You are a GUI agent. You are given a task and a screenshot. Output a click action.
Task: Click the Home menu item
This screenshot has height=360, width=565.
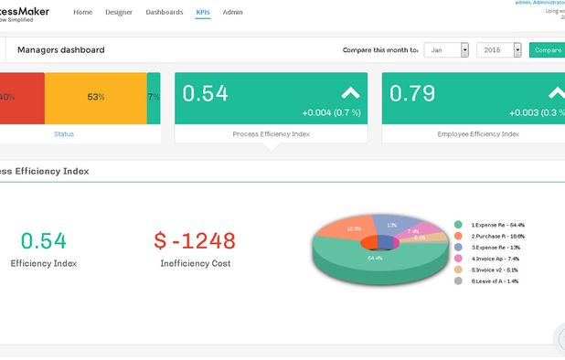[82, 13]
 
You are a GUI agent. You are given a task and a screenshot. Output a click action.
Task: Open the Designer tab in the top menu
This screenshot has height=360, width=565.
[119, 13]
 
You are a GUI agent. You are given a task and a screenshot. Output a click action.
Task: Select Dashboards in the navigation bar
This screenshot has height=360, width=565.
[165, 13]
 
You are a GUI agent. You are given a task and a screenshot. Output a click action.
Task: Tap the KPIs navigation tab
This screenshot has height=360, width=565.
[202, 13]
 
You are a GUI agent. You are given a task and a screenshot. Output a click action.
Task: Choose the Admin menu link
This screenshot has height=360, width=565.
[232, 13]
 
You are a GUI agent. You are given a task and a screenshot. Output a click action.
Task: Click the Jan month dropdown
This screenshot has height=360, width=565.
[448, 50]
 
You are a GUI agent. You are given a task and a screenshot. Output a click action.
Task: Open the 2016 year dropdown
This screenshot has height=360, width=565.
[499, 50]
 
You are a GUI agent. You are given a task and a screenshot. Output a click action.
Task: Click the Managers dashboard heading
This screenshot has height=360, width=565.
[60, 50]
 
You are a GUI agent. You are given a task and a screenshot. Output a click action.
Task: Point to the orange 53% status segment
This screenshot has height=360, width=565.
[95, 97]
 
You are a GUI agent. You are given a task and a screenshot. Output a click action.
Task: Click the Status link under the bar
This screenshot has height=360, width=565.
[64, 134]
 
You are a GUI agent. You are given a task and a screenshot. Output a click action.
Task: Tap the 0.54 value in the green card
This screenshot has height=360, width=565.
[206, 93]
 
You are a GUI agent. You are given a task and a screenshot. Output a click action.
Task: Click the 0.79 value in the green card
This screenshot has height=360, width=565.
[412, 93]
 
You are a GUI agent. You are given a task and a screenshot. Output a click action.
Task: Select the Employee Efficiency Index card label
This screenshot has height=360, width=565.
[478, 134]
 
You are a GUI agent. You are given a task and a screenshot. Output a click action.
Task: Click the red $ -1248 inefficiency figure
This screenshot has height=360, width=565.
[195, 240]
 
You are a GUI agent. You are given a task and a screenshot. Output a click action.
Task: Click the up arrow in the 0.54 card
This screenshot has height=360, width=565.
[350, 92]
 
